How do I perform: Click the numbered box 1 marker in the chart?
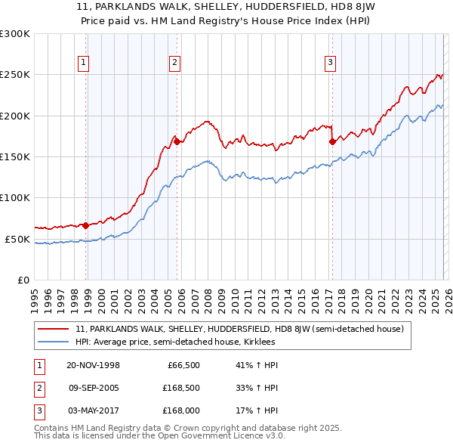83,63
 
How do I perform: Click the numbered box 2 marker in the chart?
174,63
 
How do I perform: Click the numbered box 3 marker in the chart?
330,63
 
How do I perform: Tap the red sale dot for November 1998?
86,225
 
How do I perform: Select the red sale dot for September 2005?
177,141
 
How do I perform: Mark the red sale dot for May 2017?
332,141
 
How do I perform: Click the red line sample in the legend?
54,330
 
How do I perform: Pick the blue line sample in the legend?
54,342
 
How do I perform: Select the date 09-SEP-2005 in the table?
94,388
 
